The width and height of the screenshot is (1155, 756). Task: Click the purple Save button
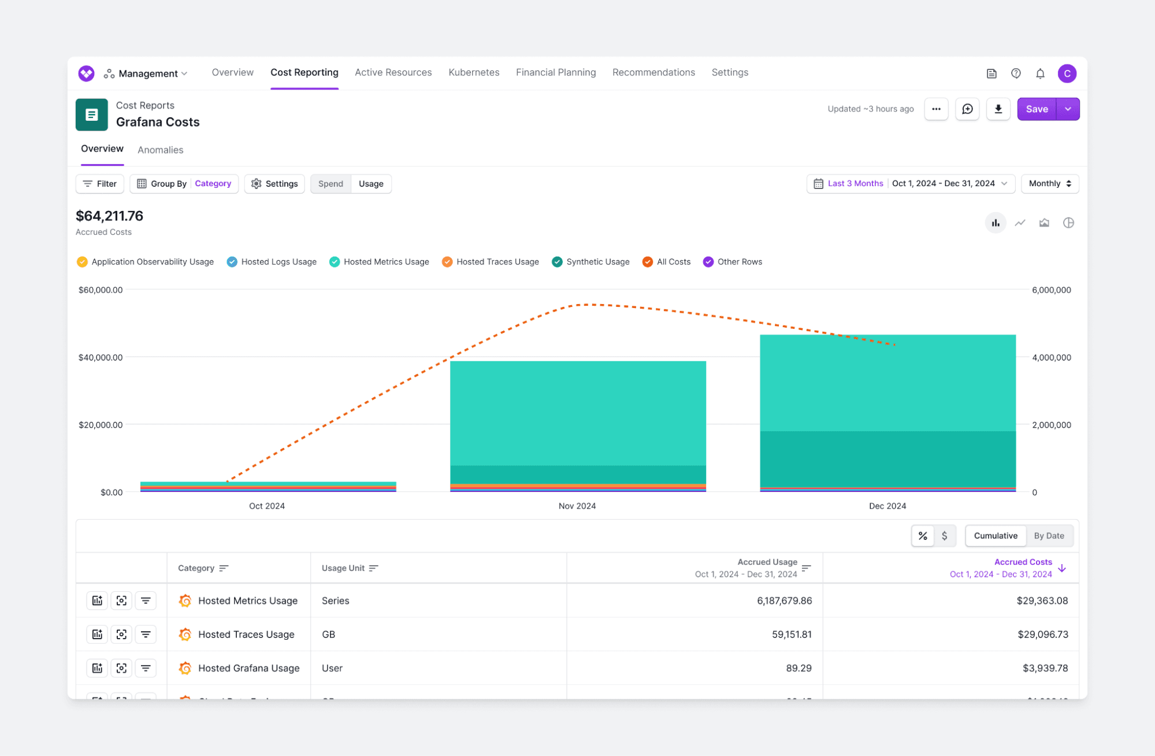tap(1036, 109)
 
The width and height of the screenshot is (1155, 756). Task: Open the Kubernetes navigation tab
tap(473, 72)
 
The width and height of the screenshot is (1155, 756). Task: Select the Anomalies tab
tap(160, 150)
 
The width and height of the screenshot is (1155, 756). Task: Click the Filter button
tap(100, 184)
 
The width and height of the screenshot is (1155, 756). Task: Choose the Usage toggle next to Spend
tap(370, 184)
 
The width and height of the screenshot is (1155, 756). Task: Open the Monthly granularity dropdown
tap(1049, 184)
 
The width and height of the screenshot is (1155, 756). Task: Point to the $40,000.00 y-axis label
tap(101, 357)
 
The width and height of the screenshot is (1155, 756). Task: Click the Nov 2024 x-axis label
tap(577, 506)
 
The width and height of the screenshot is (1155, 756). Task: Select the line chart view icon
tap(1020, 223)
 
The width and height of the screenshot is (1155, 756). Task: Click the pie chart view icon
tap(1068, 223)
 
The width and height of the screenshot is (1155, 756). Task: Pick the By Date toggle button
tap(1049, 536)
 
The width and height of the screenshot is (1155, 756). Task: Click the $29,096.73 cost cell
tap(1042, 634)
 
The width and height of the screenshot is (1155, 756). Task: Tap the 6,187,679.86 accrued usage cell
tap(784, 601)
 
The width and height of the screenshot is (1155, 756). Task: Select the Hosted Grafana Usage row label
tap(248, 668)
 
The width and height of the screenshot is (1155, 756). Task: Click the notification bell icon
tap(1040, 73)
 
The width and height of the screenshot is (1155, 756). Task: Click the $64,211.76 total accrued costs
tap(110, 216)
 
